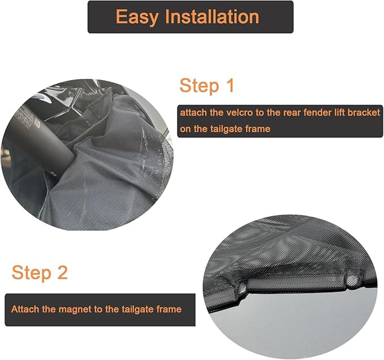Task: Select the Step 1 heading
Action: (x=206, y=86)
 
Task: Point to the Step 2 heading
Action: (x=40, y=272)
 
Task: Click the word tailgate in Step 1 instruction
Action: (x=225, y=129)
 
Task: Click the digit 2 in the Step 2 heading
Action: (x=62, y=272)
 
